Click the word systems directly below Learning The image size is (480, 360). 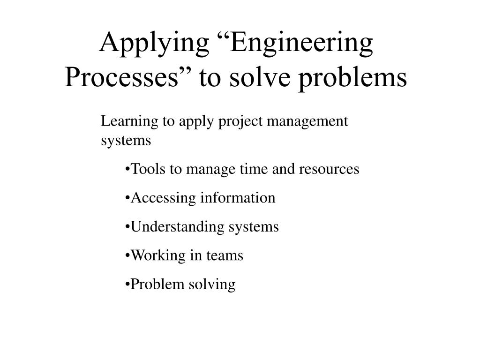pos(126,141)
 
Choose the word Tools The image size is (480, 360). pos(149,169)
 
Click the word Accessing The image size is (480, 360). pos(164,198)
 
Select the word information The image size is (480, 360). pos(238,198)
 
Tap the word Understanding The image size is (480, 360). pos(178,227)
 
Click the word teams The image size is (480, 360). pos(226,256)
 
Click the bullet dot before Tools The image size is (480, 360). pos(127,169)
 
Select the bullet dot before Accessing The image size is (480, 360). pos(127,198)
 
